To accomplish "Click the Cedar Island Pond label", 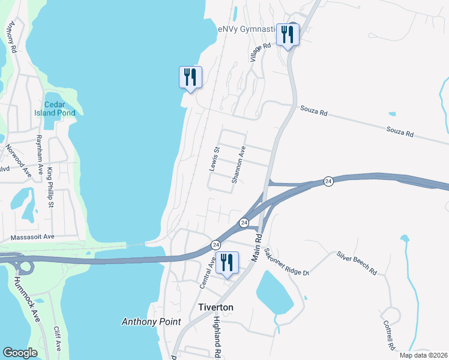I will [x=59, y=109].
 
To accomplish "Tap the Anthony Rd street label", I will [x=11, y=36].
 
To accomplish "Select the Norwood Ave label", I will [x=18, y=160].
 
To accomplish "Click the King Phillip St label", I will [x=51, y=188].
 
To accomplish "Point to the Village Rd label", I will [x=254, y=52].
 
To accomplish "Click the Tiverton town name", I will [x=215, y=307].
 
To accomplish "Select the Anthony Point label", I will [x=151, y=322].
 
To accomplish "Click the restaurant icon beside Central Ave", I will [x=227, y=263].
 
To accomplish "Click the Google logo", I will [x=20, y=353].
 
